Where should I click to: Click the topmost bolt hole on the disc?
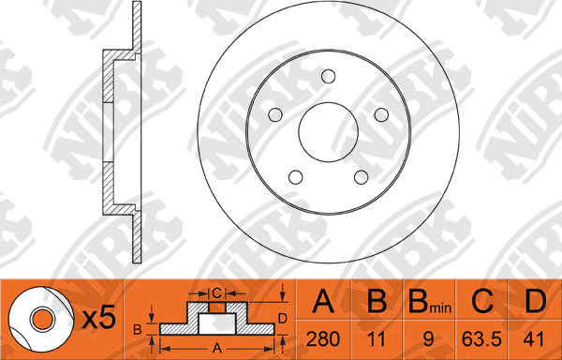click(329, 76)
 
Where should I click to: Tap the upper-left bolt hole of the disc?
click(275, 114)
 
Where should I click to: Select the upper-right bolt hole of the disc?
click(381, 114)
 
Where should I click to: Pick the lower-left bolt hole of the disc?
click(296, 177)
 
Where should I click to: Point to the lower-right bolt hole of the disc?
click(361, 177)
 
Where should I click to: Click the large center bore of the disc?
click(329, 132)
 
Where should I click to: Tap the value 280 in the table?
click(323, 338)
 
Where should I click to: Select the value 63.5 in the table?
click(481, 338)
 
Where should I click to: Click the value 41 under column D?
click(534, 338)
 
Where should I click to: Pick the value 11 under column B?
click(377, 338)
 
